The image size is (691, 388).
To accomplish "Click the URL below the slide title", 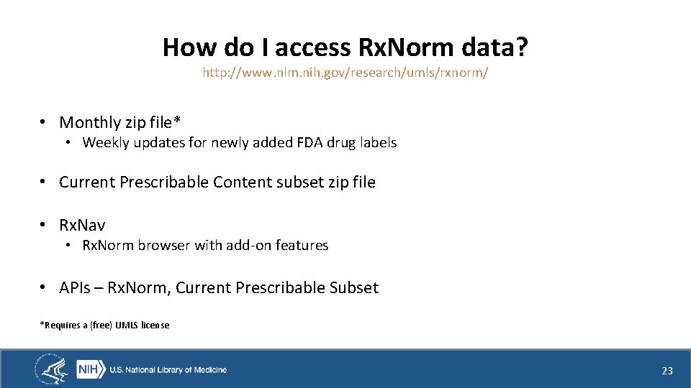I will [345, 73].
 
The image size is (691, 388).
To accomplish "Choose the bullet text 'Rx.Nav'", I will [82, 226].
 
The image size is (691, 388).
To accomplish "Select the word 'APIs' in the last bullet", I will [74, 288].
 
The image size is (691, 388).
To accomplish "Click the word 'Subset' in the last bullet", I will [353, 288].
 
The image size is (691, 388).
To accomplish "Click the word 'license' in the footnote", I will [155, 325].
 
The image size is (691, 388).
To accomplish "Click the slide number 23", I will [667, 371].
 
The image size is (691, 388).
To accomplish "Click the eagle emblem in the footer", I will [52, 370].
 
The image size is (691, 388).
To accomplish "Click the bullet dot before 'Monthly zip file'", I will [44, 123].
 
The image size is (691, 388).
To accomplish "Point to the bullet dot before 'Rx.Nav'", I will [44, 226].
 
